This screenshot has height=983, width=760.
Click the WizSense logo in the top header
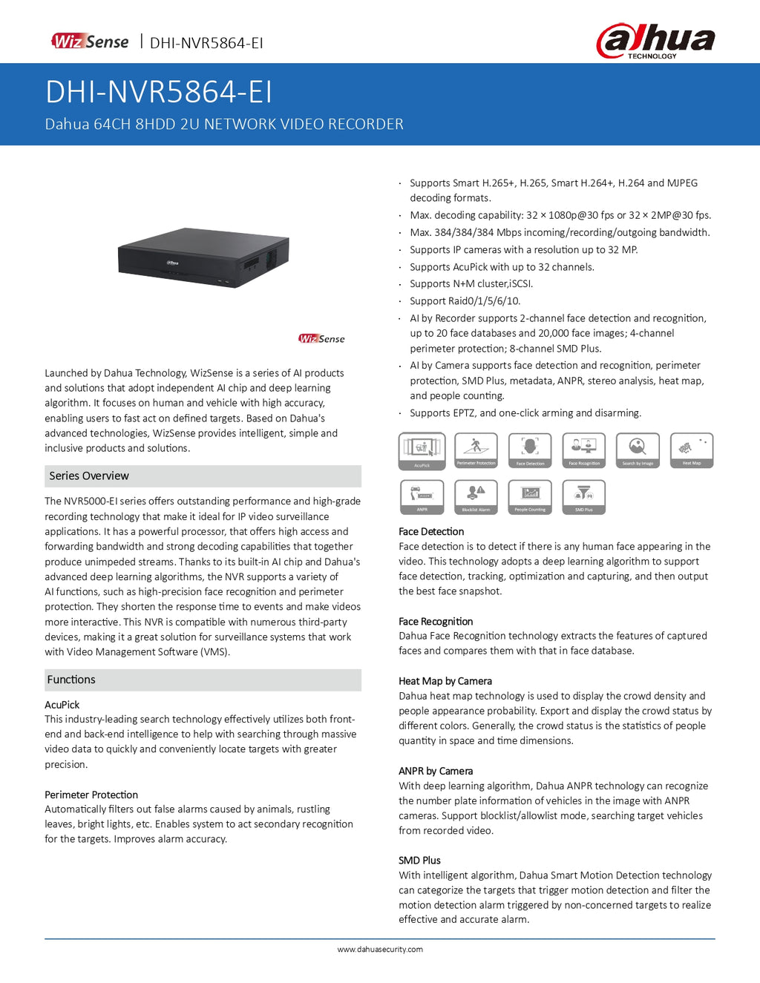click(x=90, y=42)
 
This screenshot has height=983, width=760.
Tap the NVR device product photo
click(x=203, y=257)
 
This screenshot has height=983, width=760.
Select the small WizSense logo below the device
click(x=321, y=339)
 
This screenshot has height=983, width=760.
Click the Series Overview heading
click(x=89, y=476)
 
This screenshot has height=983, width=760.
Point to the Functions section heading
click(x=71, y=680)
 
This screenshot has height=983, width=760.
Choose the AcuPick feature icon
click(x=422, y=451)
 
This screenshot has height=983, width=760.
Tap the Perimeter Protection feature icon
click(x=476, y=450)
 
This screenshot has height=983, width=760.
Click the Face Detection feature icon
click(x=530, y=450)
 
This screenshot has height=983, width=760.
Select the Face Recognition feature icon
click(x=584, y=450)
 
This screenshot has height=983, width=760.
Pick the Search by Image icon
click(x=638, y=450)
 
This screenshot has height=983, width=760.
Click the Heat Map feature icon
click(x=692, y=450)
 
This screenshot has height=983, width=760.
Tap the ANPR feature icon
click(x=422, y=497)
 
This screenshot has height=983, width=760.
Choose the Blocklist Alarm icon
click(x=476, y=497)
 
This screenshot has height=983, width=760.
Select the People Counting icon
click(x=530, y=497)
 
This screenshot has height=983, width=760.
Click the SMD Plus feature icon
click(x=584, y=497)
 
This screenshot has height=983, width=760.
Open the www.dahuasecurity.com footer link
click(x=380, y=950)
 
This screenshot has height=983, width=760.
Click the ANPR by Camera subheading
click(x=436, y=772)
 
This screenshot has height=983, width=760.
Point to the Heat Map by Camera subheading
click(x=445, y=681)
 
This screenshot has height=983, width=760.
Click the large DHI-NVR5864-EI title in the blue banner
click(x=159, y=92)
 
